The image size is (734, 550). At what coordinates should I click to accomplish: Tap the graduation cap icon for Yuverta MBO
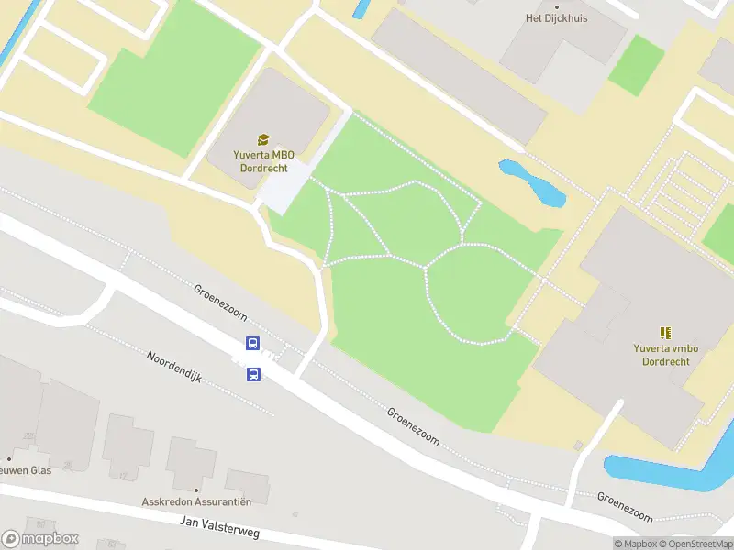coord(263,139)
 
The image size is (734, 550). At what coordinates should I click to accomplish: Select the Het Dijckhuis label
coord(556,17)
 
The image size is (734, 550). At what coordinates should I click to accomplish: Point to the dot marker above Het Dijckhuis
coord(556,5)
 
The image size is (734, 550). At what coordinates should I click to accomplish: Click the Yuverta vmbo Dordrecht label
coord(665,354)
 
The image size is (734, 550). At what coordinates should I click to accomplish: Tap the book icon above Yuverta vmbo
coord(665,332)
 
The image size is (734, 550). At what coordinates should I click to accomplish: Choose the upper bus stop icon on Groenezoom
coord(252,344)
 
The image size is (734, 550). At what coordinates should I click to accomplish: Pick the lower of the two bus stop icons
coord(253,374)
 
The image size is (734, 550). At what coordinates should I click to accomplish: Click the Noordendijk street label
coord(175,368)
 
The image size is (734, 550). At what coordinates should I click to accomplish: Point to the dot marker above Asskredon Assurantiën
coord(196,489)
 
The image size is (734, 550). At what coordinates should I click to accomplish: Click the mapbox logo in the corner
coord(40,538)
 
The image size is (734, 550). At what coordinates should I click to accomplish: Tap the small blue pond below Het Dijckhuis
coord(531,182)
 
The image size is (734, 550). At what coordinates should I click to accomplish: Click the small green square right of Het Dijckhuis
coord(636,64)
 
